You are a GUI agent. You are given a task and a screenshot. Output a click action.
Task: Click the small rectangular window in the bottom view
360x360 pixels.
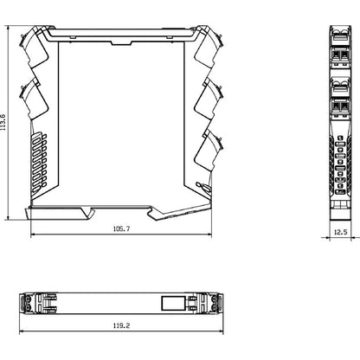(x=170, y=304)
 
